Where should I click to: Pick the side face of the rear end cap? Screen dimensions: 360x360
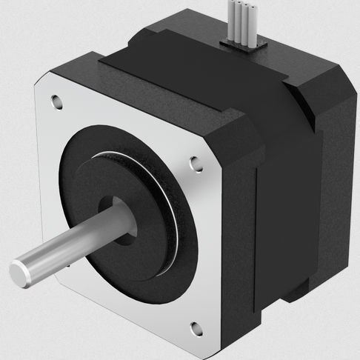(x=337, y=185)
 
